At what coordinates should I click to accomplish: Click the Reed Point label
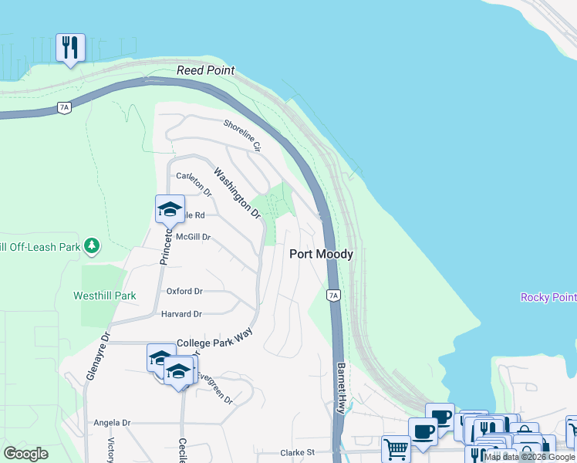205,70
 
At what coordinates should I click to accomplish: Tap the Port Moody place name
321,254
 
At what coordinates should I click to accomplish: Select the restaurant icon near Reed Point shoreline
70,48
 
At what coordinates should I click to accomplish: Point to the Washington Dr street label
237,192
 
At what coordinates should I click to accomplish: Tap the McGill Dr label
194,237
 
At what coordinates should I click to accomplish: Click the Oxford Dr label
184,291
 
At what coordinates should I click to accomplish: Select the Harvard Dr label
181,314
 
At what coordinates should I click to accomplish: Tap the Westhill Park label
105,296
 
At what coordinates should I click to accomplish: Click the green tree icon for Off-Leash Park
92,246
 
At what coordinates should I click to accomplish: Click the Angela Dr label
112,423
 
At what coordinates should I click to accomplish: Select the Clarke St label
298,452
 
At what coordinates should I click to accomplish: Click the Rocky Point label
548,297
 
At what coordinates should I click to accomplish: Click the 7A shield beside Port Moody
333,295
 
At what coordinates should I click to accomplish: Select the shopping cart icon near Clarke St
396,448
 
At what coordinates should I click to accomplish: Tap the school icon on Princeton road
170,208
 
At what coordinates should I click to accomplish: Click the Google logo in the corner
26,454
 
